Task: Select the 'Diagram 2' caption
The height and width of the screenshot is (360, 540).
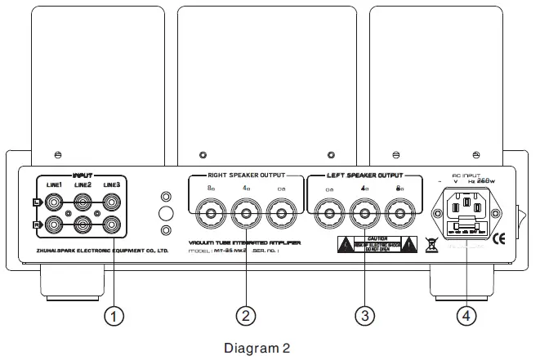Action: point(257,348)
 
